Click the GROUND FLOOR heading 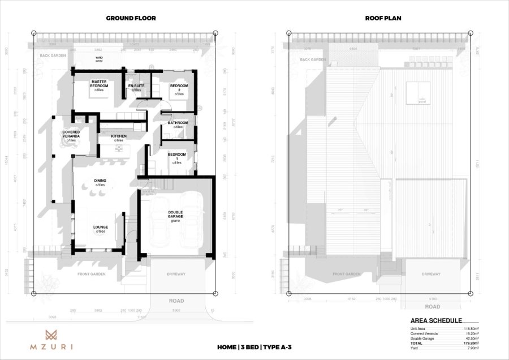click(131, 18)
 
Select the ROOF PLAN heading click(383, 18)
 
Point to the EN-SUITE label click(136, 87)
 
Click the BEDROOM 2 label click(179, 88)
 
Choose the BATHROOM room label click(178, 123)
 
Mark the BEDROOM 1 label click(177, 156)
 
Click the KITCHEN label click(119, 138)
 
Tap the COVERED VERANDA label click(71, 134)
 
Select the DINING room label click(100, 182)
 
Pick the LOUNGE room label click(101, 228)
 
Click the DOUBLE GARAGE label click(175, 215)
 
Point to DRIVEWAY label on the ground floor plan click(176, 274)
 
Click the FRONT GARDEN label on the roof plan click(346, 274)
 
